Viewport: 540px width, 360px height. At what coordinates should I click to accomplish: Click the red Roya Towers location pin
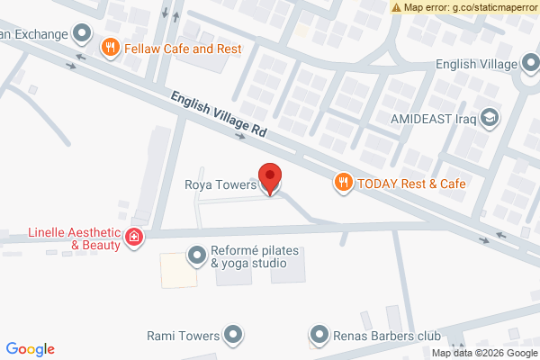tap(270, 177)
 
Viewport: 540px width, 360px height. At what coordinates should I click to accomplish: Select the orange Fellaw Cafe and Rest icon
tap(110, 48)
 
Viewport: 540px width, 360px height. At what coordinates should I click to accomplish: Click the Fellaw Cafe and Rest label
tap(184, 48)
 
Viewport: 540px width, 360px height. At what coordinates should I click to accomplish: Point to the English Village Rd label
tap(219, 116)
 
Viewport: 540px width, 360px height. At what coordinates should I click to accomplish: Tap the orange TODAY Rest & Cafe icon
tap(343, 184)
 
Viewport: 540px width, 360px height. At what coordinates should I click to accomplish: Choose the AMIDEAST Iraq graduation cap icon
tap(490, 117)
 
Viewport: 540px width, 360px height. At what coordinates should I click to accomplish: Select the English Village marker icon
tap(531, 65)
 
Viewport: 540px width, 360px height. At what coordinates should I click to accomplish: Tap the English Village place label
tap(476, 65)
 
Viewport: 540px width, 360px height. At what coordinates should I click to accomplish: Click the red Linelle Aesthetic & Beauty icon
tap(134, 238)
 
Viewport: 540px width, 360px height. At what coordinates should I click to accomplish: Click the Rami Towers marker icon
tap(233, 336)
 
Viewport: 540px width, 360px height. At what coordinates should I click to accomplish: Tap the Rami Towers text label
tap(183, 336)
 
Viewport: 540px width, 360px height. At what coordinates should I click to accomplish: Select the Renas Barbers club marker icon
tap(319, 336)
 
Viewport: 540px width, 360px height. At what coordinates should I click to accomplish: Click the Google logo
tap(31, 349)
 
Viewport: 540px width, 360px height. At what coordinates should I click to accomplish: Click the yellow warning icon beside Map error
tap(396, 7)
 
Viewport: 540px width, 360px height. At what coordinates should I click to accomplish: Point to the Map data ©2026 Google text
tap(482, 353)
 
